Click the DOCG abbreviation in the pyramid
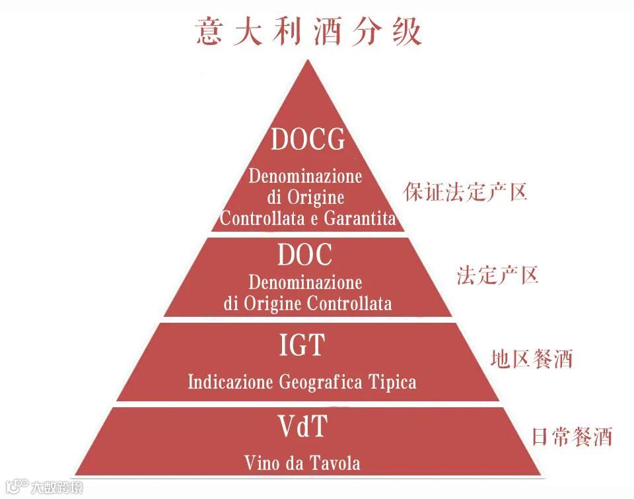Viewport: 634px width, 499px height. coord(308,140)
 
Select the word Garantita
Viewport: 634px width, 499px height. coord(359,218)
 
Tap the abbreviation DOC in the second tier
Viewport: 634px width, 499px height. coord(304,255)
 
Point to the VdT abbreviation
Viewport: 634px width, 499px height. coord(302,427)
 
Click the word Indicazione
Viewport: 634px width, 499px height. coord(230,382)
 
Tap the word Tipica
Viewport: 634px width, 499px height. coord(396,382)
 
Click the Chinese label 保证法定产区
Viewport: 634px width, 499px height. coord(465,192)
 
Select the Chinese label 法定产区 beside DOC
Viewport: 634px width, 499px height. coord(497,275)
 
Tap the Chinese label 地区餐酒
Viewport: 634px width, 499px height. coord(531,359)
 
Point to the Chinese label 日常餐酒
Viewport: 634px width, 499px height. coord(572,437)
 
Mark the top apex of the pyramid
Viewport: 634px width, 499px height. coord(305,61)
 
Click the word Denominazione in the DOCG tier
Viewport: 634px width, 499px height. coord(305,177)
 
